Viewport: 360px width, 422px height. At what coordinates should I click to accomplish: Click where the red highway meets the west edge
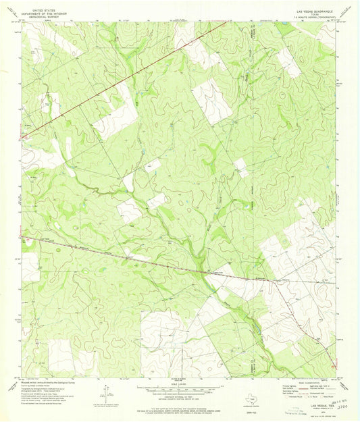[x=23, y=138]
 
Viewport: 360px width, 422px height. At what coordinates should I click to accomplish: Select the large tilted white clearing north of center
[x=211, y=101]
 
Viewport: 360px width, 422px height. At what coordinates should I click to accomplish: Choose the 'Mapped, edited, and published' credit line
[x=51, y=380]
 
